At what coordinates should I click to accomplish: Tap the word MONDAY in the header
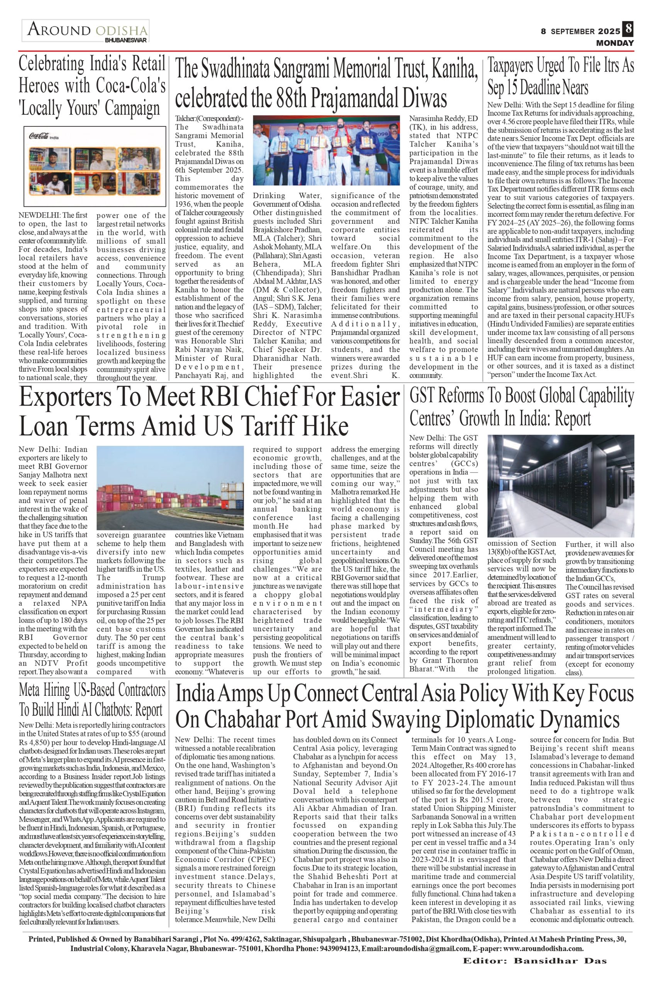point(615,43)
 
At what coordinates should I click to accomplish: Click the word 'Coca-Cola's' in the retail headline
point(131,86)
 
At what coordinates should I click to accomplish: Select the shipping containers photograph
point(170,488)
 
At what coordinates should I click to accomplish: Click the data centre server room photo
point(561,486)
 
